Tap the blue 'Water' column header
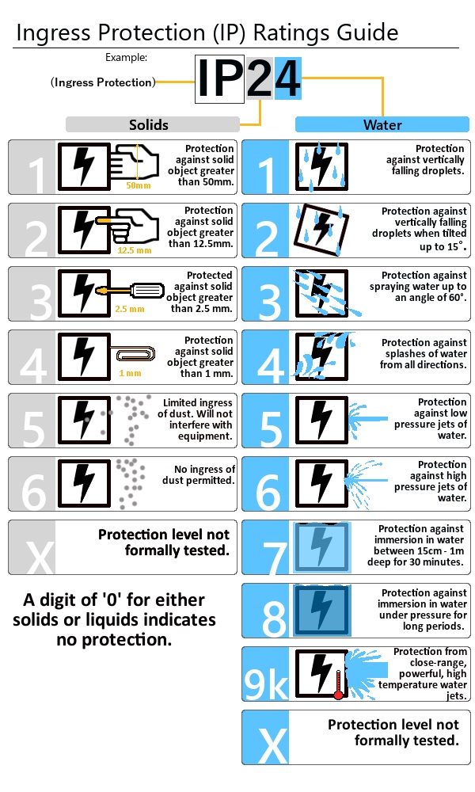[x=382, y=124]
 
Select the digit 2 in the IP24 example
[x=260, y=79]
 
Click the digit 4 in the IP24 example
[x=287, y=79]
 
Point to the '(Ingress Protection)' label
[x=102, y=82]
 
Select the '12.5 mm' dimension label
[x=134, y=249]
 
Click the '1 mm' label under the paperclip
[x=130, y=373]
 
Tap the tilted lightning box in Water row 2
[x=321, y=230]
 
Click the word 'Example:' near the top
[x=127, y=57]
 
